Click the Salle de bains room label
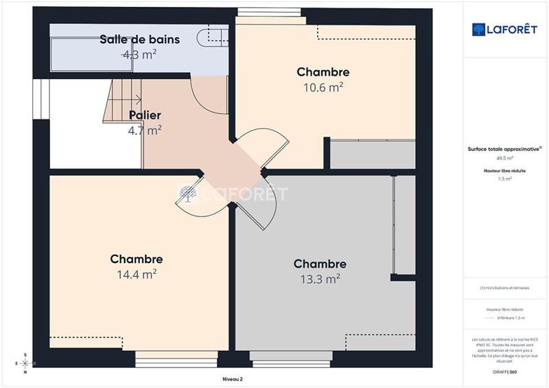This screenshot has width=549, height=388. [139, 40]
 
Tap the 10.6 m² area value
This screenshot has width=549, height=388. [323, 87]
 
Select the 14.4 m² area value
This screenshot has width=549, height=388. [137, 274]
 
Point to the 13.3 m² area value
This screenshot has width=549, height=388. [320, 279]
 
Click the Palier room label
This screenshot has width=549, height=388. [145, 115]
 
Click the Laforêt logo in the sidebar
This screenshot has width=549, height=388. [505, 30]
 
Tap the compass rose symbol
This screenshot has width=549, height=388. [25, 363]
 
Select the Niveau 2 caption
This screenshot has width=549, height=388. [233, 378]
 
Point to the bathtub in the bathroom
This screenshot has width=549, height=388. [82, 54]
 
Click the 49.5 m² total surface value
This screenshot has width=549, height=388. [505, 158]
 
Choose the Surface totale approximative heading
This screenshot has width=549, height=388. [504, 148]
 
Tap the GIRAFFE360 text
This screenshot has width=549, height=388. [504, 372]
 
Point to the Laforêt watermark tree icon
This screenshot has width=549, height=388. [188, 194]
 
